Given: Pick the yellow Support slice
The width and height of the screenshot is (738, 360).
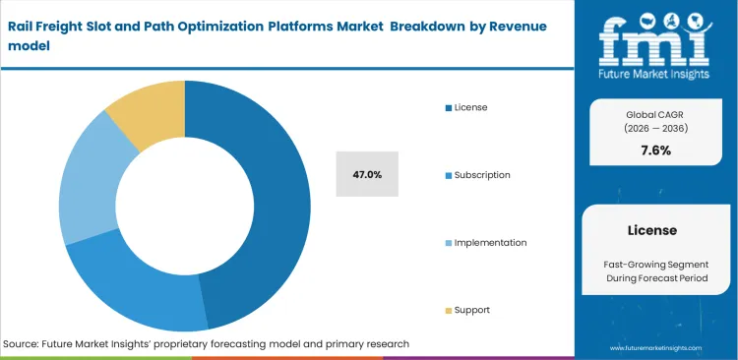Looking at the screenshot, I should click(x=149, y=113).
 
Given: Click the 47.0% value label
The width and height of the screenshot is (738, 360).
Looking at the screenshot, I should click(x=367, y=174).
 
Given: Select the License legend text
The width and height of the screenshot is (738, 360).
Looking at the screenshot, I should click(x=469, y=107).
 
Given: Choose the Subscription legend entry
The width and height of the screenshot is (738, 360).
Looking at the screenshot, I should click(x=481, y=174).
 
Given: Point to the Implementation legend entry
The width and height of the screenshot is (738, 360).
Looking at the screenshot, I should click(x=489, y=242).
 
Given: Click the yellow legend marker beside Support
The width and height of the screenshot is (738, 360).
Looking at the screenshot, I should click(x=447, y=310).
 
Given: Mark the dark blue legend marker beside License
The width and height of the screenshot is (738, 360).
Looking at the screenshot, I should click(x=447, y=107).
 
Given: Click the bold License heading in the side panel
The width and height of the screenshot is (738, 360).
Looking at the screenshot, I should click(x=651, y=230).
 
